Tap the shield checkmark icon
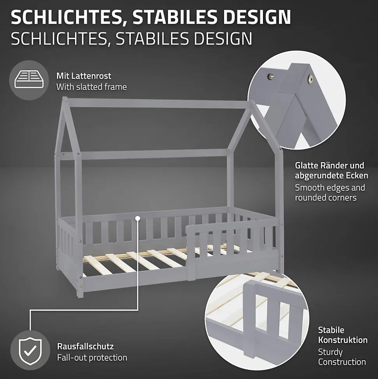tap(30, 351)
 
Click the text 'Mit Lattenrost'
tap(84, 76)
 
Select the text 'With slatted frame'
tap(92, 87)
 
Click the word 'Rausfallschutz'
tap(85, 346)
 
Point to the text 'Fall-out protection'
tap(92, 358)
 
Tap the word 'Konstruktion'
tap(343, 340)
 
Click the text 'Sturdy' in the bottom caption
tap(330, 352)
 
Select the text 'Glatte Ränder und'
tap(329, 165)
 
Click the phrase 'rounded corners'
tap(326, 198)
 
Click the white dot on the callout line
tap(138, 219)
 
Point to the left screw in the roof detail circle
tap(270, 77)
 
